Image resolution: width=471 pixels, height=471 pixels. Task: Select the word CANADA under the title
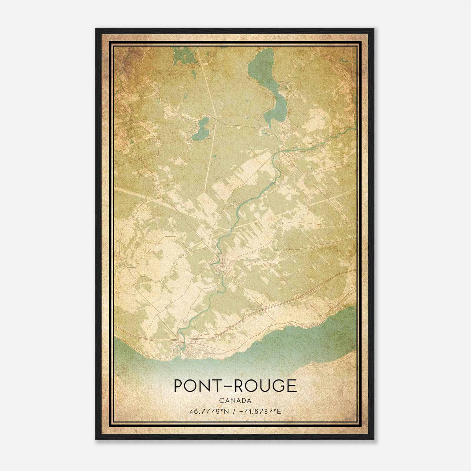235,401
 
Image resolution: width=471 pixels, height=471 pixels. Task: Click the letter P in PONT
179,386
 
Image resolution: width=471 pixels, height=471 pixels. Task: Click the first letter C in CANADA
221,401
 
